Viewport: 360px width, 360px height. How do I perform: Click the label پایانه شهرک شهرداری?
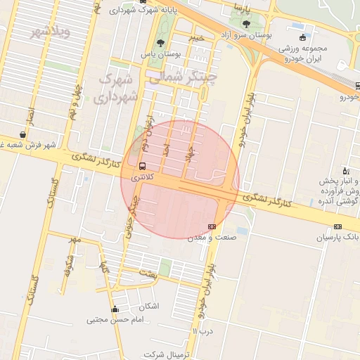coord(146,11)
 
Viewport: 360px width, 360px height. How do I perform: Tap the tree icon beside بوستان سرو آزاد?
coord(245,23)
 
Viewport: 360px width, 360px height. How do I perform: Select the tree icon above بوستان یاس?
coord(161,42)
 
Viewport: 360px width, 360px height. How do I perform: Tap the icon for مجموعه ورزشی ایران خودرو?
coord(302,37)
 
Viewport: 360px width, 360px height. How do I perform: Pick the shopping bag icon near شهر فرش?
coord(24,134)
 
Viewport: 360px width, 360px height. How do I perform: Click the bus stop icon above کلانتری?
coord(143,167)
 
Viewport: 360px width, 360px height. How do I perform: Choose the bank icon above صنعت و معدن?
coord(212,226)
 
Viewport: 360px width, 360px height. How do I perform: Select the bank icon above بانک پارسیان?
coord(338,226)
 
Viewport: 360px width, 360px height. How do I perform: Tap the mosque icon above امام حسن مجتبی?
coord(115,309)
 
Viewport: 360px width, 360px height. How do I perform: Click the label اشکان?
coord(150,307)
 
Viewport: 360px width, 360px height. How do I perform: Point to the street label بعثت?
coord(147,272)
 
